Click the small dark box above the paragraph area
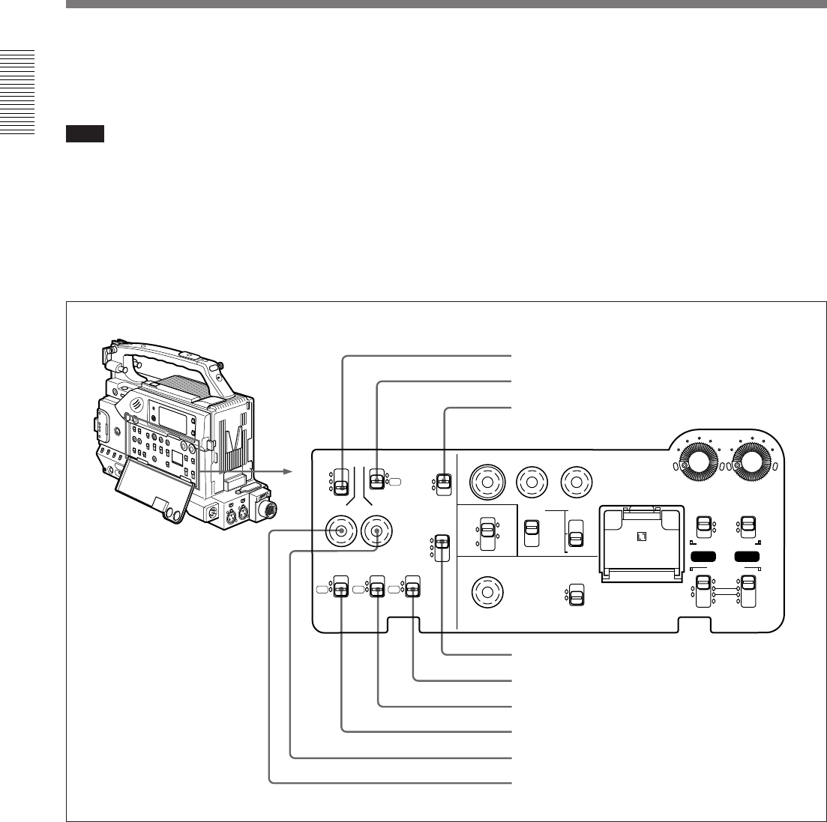[84, 134]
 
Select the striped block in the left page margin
[17, 91]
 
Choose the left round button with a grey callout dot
[342, 531]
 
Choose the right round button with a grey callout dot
[376, 531]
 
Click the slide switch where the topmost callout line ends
[342, 480]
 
